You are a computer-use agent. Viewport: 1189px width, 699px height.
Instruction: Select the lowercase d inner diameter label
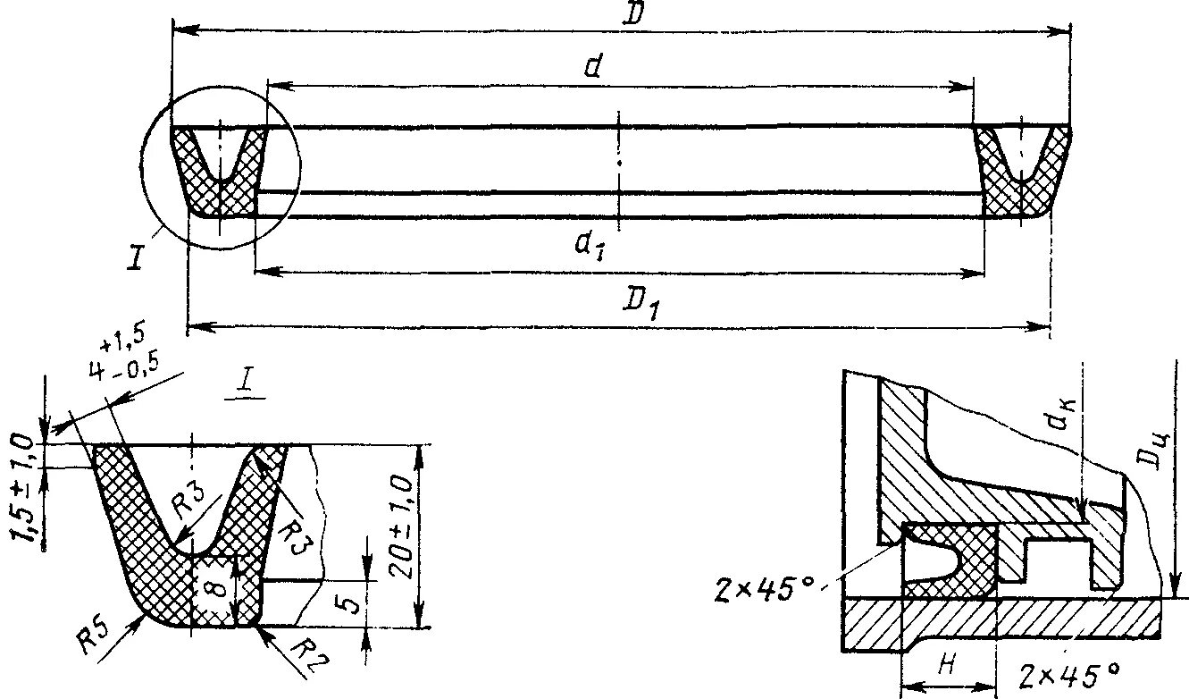(x=590, y=68)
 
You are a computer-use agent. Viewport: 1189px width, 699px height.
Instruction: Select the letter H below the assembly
(x=948, y=663)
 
